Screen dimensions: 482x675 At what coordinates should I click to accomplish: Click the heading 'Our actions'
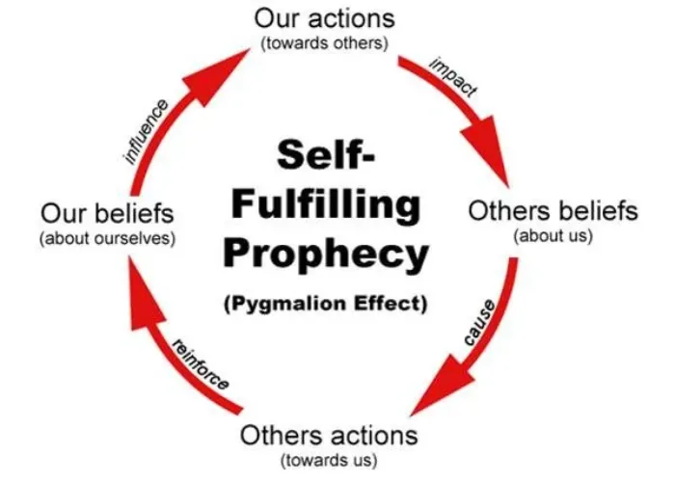tap(326, 18)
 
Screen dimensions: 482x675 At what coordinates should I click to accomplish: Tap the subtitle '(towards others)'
tap(325, 42)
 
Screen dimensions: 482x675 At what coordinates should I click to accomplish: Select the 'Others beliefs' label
tap(553, 210)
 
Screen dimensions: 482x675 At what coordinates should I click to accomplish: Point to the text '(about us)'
tap(553, 234)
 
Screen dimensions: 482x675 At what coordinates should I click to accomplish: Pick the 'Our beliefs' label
tap(107, 211)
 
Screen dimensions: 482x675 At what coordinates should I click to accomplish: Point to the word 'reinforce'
tap(200, 363)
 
